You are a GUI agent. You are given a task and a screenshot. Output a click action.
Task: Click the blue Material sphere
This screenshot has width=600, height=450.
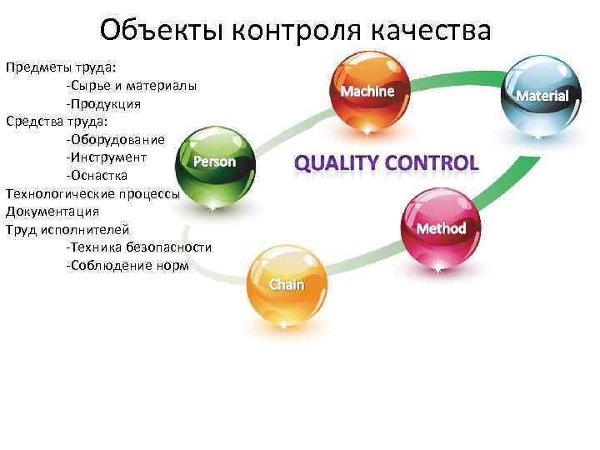coord(542,94)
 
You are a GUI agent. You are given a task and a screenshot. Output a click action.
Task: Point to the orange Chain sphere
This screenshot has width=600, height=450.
coord(287,285)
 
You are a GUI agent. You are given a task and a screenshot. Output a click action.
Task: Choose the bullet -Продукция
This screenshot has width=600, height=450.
coord(103,103)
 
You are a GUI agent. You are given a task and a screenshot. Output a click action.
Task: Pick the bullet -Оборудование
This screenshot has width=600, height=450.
coord(116,139)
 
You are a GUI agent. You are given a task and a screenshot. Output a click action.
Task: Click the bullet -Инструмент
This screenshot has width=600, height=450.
coord(107,157)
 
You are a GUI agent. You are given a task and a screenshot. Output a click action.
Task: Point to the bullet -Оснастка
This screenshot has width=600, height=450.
coord(97,175)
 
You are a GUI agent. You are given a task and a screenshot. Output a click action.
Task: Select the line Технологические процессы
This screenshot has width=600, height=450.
coord(92,192)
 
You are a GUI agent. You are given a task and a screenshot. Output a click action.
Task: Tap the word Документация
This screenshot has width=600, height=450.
coord(52,211)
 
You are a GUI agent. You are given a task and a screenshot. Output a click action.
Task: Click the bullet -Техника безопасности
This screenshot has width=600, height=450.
coord(138,247)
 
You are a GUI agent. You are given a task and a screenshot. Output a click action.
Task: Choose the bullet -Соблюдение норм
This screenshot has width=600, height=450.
coord(127,265)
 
